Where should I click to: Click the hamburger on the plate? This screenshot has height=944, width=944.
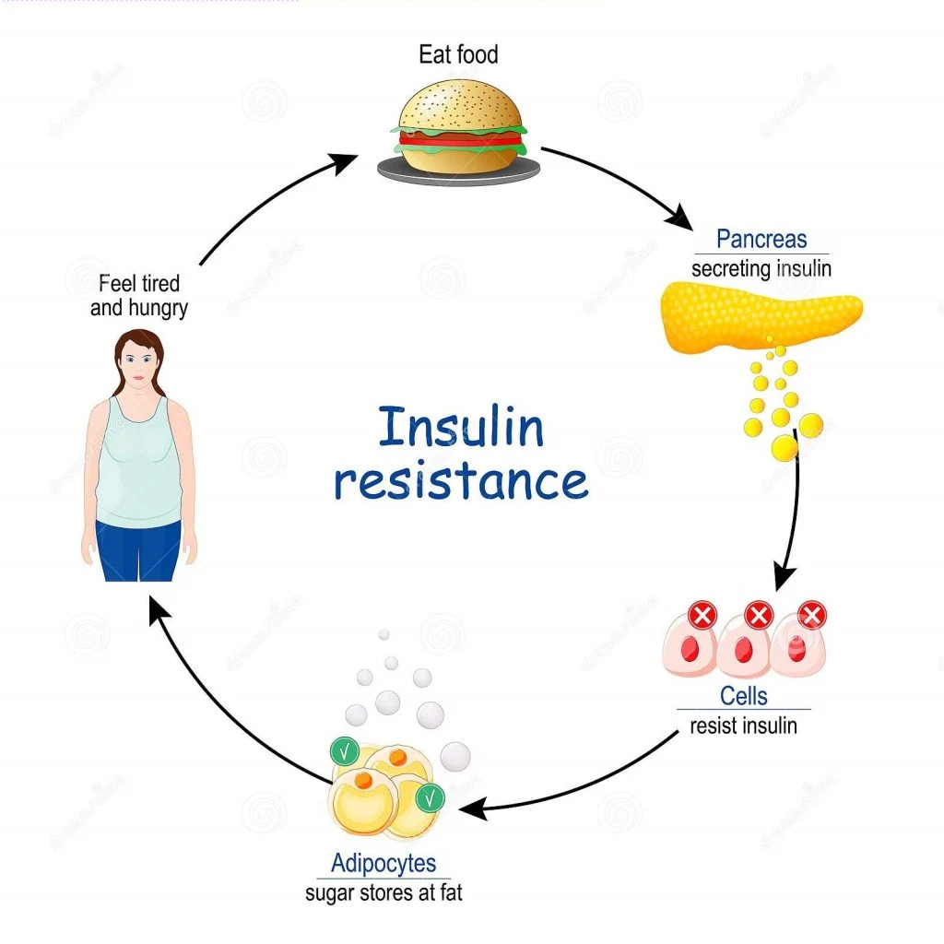[460, 126]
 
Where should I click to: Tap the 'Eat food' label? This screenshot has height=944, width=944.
[459, 54]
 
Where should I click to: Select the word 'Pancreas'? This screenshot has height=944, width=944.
[761, 239]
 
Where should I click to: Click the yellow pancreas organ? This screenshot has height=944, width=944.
[761, 316]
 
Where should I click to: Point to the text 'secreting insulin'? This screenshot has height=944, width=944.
[761, 268]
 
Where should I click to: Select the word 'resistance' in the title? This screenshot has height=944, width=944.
[461, 481]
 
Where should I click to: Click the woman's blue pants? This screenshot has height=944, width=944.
[138, 550]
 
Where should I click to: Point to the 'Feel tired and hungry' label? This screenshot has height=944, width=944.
[139, 296]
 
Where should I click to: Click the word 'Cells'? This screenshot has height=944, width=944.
[744, 696]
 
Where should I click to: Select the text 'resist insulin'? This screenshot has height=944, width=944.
[744, 726]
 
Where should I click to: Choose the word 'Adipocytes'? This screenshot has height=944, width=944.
[383, 863]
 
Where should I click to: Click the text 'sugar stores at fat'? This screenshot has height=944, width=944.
[383, 892]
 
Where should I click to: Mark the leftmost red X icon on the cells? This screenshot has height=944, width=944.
[702, 615]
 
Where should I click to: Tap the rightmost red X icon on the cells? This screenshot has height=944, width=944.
[812, 615]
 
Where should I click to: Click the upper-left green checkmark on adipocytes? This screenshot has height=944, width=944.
[345, 751]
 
